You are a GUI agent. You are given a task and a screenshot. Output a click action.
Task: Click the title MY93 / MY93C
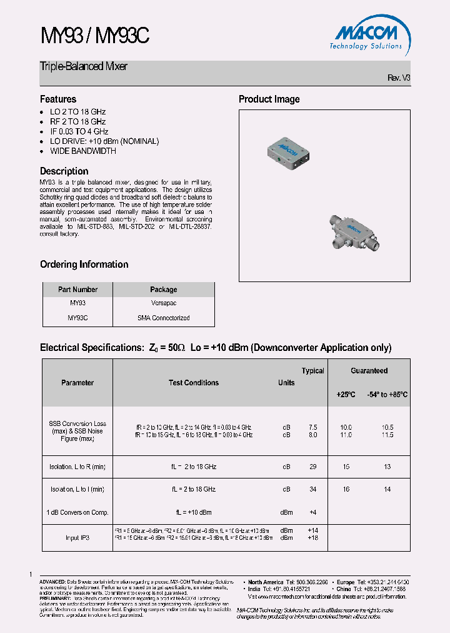click(x=94, y=37)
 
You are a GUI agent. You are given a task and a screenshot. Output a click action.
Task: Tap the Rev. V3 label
click(x=399, y=78)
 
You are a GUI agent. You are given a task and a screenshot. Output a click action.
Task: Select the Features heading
click(x=58, y=99)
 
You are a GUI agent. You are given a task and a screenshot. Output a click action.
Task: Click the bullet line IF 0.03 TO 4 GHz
click(x=79, y=131)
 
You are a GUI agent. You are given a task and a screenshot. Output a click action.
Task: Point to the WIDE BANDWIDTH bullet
click(x=82, y=151)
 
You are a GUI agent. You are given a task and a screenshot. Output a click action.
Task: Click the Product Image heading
click(x=269, y=99)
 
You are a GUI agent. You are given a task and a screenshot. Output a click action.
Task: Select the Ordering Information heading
click(x=84, y=265)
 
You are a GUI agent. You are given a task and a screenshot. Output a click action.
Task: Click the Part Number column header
click(x=77, y=290)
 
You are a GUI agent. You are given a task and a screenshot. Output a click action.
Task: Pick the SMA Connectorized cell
click(x=164, y=318)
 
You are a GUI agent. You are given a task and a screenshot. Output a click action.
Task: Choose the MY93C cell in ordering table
click(x=77, y=318)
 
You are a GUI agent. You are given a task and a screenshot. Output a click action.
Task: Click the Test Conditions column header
click(x=194, y=383)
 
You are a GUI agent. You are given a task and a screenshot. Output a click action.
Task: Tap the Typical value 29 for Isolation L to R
click(x=312, y=467)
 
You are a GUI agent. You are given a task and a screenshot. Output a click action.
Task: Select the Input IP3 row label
click(x=77, y=537)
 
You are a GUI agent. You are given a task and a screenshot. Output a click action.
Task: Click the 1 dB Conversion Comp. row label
click(x=77, y=512)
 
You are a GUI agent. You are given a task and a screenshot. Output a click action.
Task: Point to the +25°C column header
click(x=346, y=395)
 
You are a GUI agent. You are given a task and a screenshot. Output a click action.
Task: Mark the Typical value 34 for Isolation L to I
click(x=312, y=489)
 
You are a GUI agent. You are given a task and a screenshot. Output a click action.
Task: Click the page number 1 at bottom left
click(x=30, y=574)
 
